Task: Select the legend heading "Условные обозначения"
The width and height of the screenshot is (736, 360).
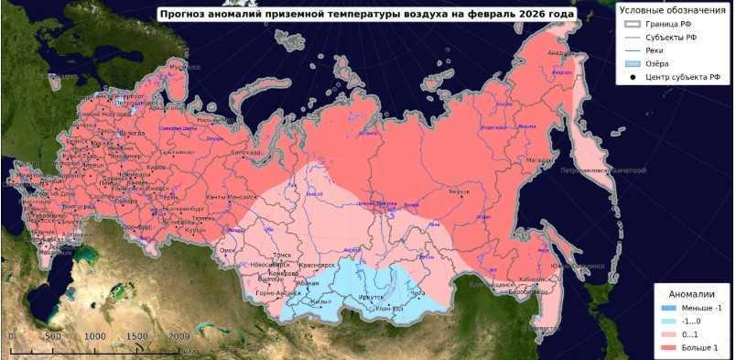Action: click(x=666, y=9)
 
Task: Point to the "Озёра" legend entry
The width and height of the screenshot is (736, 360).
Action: click(x=660, y=63)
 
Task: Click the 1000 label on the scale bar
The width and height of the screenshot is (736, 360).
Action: click(x=95, y=336)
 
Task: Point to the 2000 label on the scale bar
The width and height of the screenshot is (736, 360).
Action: click(x=179, y=336)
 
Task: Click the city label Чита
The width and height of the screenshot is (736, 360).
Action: click(x=418, y=293)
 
